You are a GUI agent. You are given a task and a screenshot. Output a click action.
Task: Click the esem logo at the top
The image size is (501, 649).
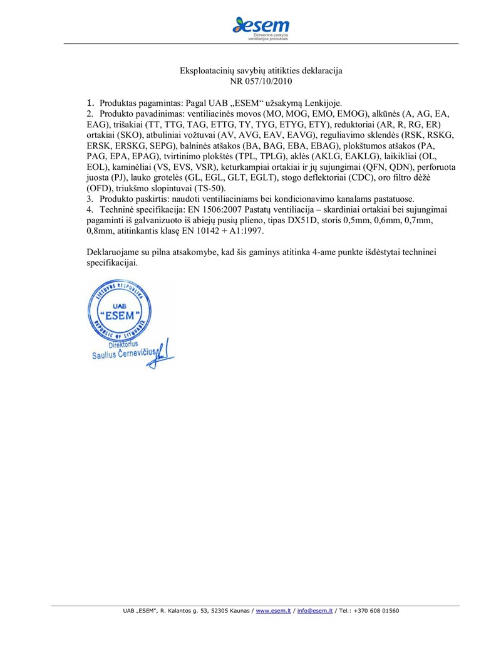(261, 28)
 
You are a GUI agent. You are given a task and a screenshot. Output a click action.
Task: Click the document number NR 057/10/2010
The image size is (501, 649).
(261, 81)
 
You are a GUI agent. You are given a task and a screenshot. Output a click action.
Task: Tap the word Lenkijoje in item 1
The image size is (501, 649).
(321, 102)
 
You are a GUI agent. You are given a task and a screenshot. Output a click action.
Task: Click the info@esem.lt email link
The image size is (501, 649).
(314, 610)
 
